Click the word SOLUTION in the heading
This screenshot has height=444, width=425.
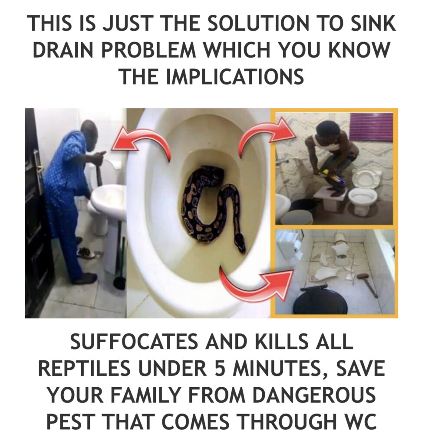(258, 23)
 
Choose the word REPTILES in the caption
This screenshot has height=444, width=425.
(84, 368)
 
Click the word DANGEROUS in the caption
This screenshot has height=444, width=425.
(314, 395)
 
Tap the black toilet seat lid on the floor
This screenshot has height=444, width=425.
(320, 300)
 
